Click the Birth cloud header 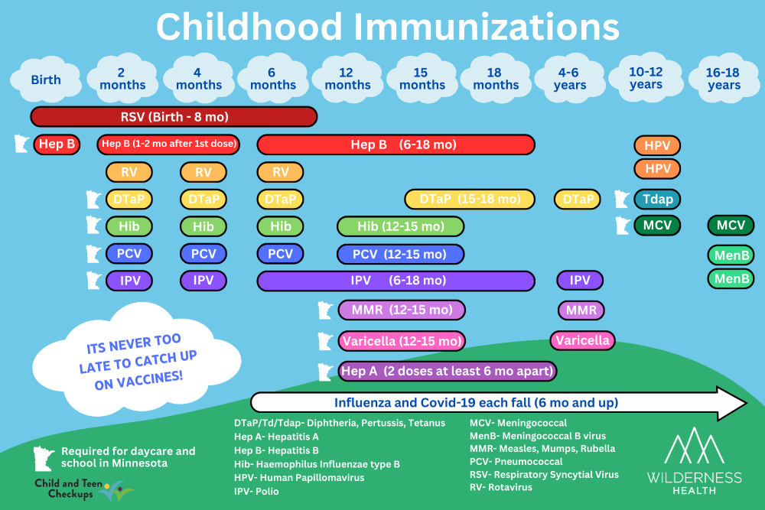tap(46, 80)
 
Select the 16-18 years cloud tap(724, 78)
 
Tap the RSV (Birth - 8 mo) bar tap(174, 117)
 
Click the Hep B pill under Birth tap(57, 144)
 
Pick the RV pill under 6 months tap(280, 172)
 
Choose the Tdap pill tap(657, 199)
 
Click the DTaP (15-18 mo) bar tap(470, 199)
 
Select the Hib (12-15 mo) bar tap(400, 226)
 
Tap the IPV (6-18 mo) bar tap(396, 281)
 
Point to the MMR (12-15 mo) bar tap(402, 310)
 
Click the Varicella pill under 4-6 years tap(582, 339)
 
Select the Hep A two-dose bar tap(447, 372)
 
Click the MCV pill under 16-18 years tap(731, 226)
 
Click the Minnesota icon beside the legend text tap(43, 458)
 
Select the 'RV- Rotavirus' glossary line tap(501, 487)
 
